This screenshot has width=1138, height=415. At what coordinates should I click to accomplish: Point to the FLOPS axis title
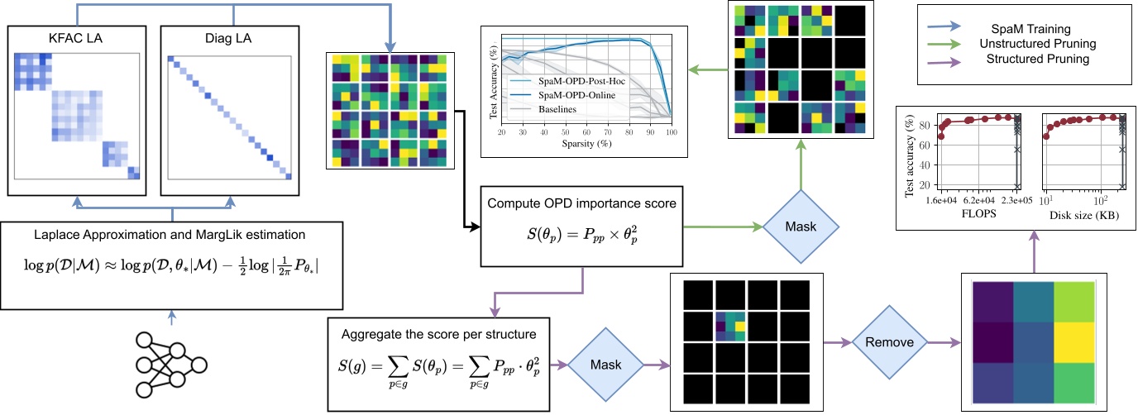(979, 211)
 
